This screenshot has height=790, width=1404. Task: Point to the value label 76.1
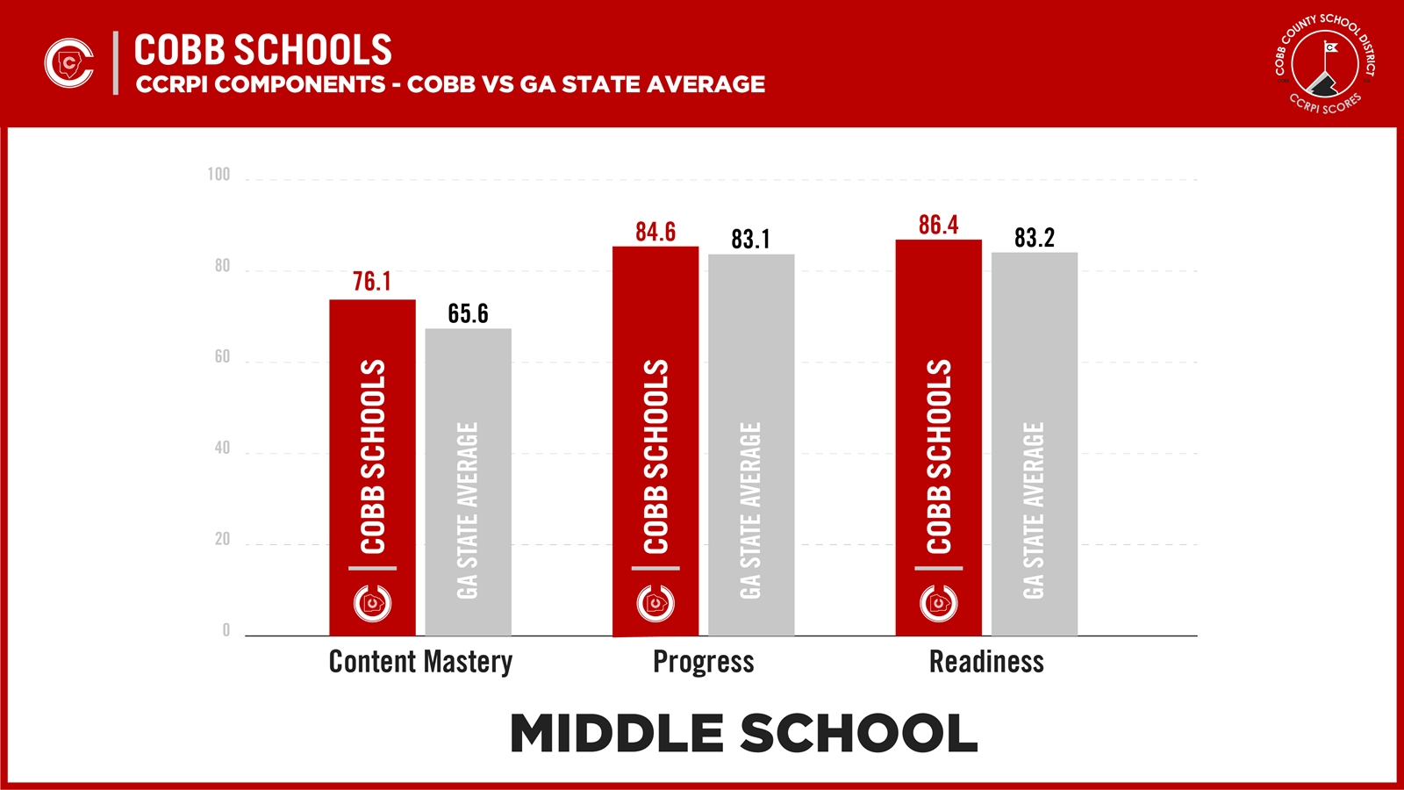coord(372,282)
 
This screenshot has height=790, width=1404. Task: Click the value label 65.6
coord(468,313)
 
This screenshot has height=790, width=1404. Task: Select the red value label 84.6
coord(655,232)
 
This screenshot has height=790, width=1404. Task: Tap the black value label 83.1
coord(750,239)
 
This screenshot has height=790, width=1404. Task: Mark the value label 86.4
coord(938,226)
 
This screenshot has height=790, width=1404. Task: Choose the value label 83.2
coord(1035,238)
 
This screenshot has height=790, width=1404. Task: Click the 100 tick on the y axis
coord(218,175)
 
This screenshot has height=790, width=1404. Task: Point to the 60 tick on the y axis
coord(222,356)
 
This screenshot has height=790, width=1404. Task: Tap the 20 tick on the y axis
coord(222,539)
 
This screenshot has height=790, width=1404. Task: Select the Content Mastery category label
coord(420,662)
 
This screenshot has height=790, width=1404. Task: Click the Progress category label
coord(703,662)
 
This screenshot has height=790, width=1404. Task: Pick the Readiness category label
coord(986,662)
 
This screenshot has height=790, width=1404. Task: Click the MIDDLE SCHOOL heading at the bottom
coord(743,734)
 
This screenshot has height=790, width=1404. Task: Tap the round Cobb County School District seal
coord(1325,63)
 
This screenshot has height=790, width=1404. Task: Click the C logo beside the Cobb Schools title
coord(69,63)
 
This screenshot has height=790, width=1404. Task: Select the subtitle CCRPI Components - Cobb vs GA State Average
coord(450,84)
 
